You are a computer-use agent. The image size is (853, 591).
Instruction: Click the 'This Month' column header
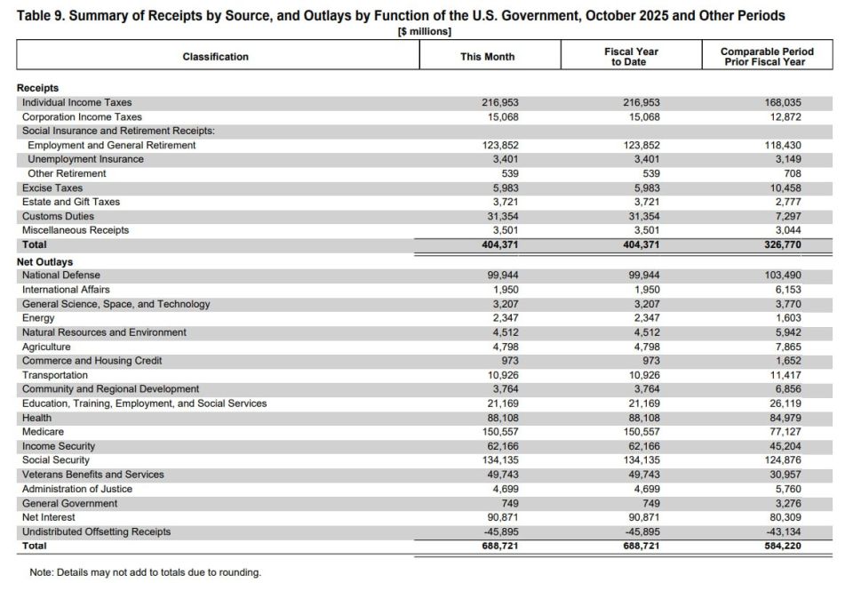tap(487, 57)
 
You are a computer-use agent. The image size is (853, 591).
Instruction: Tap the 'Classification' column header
tap(216, 57)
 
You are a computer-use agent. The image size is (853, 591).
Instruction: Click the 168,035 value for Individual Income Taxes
tap(783, 102)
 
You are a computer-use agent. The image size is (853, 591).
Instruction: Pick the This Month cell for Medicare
tap(500, 432)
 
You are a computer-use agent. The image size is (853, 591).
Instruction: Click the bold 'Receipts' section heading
tap(38, 88)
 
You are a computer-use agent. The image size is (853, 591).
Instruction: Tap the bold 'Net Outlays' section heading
tap(45, 262)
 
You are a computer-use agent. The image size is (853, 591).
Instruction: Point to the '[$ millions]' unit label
tap(424, 32)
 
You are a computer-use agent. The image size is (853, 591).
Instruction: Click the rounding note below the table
tap(146, 572)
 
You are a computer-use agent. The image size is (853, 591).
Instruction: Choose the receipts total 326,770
tap(782, 244)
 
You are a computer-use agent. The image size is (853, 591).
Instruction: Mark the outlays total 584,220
tap(782, 546)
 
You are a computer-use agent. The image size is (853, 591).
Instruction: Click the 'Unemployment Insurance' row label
tap(85, 159)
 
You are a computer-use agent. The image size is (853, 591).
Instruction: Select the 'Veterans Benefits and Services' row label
tap(93, 475)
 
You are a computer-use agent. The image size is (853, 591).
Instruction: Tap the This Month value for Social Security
tap(500, 460)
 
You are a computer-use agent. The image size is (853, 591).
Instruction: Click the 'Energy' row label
tap(38, 318)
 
